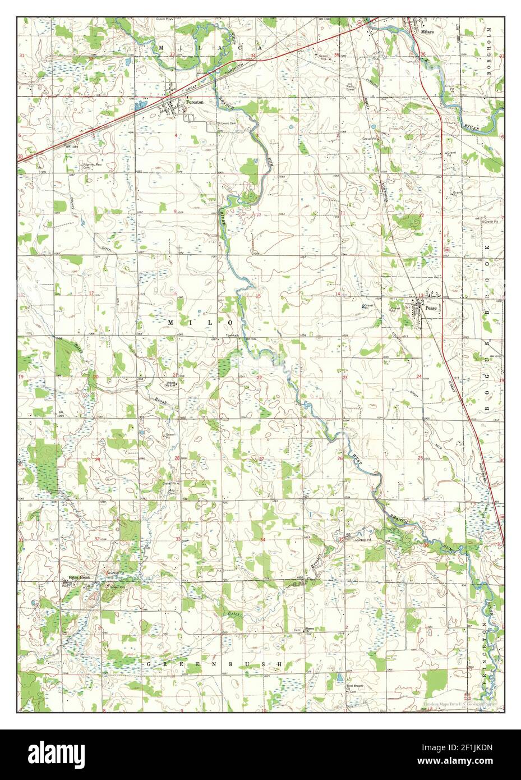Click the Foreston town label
(195, 102)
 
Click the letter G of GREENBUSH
(149, 664)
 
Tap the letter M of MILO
(171, 322)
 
